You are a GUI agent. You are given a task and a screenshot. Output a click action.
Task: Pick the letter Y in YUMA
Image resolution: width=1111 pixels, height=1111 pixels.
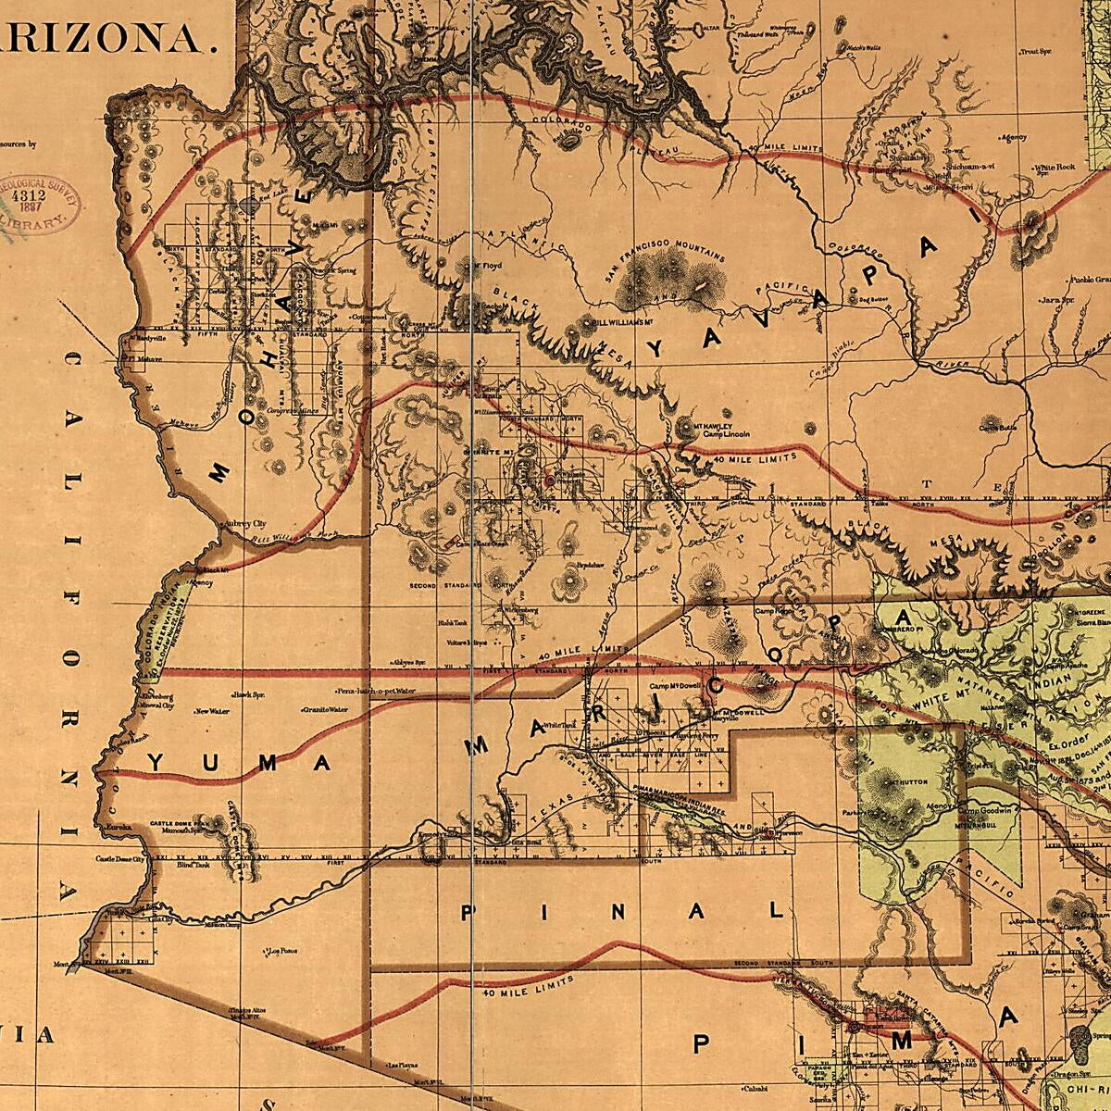click(x=156, y=763)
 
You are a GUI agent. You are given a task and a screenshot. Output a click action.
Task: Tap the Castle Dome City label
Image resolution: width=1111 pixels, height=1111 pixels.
click(x=120, y=860)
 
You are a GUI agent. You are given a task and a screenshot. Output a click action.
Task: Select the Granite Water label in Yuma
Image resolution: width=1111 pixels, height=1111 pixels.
click(x=324, y=710)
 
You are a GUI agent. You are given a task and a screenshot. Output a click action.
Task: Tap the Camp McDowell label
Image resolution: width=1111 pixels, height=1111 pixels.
click(x=671, y=686)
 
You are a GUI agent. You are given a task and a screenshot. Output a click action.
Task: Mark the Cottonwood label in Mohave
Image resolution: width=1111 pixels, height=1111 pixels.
click(x=368, y=317)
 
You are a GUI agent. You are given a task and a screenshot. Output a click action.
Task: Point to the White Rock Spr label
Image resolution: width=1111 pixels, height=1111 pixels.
click(x=1055, y=168)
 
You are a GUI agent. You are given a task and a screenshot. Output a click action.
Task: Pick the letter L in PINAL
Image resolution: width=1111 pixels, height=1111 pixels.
click(x=776, y=911)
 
